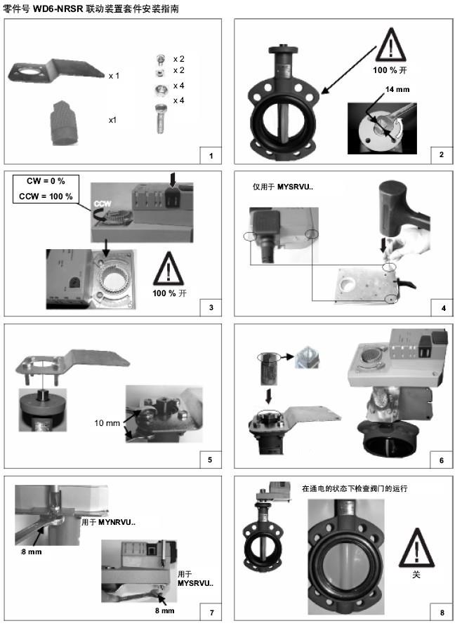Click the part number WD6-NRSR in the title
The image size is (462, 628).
pos(58,8)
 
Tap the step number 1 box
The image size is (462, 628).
pos(211,155)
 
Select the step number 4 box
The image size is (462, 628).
pos(442,307)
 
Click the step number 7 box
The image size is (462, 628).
pos(211,612)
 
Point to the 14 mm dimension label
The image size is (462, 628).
pos(397,89)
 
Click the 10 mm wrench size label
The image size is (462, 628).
pos(107,423)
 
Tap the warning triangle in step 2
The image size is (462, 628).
pos(391,44)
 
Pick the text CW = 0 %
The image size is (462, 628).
pos(46,181)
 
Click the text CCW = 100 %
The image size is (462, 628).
pos(46,196)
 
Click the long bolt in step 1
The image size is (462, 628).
pos(160,118)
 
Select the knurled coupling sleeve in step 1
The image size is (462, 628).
pos(64,122)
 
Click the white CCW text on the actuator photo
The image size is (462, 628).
pos(103,204)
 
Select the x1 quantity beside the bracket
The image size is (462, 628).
pos(114,76)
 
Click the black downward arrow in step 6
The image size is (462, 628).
pos(268,396)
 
